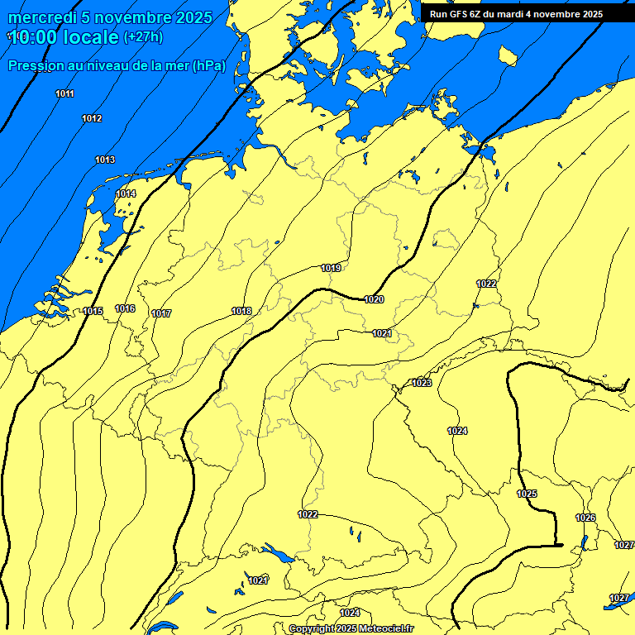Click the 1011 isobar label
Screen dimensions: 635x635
coord(65,93)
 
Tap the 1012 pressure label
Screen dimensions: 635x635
coord(92,119)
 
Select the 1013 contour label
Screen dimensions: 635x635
coord(105,160)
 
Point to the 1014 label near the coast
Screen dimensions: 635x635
coord(126,193)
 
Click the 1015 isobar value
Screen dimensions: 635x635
coord(93,311)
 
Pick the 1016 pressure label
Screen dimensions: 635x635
coord(125,308)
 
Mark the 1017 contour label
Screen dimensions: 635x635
coord(161,313)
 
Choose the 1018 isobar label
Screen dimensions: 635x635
coord(241,311)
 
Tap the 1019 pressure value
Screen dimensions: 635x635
coord(331,268)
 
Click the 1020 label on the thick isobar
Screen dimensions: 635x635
coord(374,299)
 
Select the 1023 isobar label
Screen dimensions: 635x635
coord(422,383)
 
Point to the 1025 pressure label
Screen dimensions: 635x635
coord(527,494)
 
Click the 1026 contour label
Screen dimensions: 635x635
coord(585,518)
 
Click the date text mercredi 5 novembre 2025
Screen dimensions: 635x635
coord(110,17)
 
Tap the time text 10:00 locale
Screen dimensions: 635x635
coord(64,37)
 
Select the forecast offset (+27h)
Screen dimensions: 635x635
coord(143,37)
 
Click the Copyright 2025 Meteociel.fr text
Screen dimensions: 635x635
coord(351,628)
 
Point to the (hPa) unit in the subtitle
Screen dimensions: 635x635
coord(208,66)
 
